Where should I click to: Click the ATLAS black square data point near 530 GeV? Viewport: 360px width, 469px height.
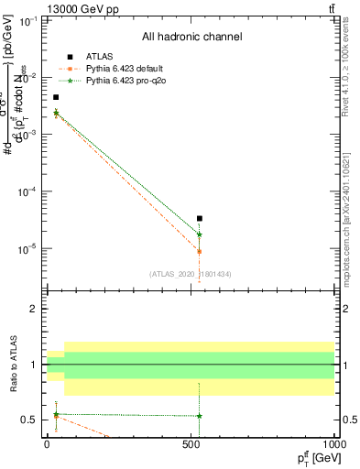200,218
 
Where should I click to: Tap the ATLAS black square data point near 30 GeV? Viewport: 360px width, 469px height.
56,97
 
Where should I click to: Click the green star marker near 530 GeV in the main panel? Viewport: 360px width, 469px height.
200,234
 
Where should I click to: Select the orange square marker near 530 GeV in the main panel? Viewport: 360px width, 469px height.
200,251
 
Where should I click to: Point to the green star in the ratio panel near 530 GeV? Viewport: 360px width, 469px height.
200,416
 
